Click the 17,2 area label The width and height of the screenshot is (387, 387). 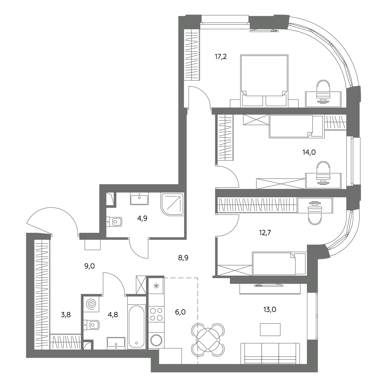pyautogui.click(x=221, y=57)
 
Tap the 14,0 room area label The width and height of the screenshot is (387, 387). pyautogui.click(x=309, y=152)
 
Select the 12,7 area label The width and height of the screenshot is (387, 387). pyautogui.click(x=265, y=232)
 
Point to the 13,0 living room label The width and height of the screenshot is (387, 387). pyautogui.click(x=270, y=310)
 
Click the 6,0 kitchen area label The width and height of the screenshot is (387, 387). pyautogui.click(x=180, y=312)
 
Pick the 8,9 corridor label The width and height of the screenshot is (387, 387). pyautogui.click(x=183, y=258)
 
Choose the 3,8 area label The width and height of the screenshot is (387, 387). pyautogui.click(x=66, y=315)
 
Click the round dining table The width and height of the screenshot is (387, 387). pyautogui.click(x=208, y=340)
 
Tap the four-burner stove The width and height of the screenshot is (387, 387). pyautogui.click(x=156, y=314)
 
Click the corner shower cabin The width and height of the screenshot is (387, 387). pyautogui.click(x=172, y=204)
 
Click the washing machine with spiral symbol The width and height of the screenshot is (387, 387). pyautogui.click(x=91, y=304)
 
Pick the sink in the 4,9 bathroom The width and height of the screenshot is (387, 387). pyautogui.click(x=139, y=199)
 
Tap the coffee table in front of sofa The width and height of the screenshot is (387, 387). pyautogui.click(x=270, y=330)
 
